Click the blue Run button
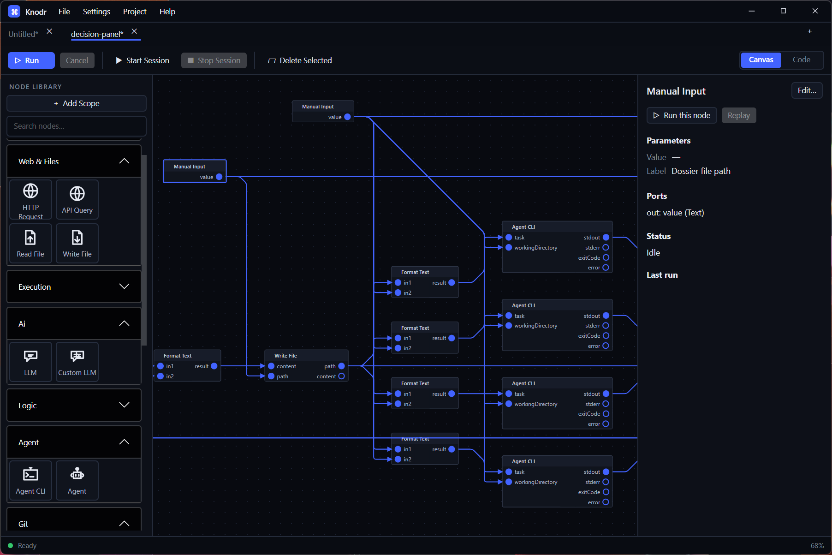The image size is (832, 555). click(x=31, y=60)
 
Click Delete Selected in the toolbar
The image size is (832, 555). click(x=300, y=60)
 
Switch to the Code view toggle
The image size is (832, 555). click(x=802, y=60)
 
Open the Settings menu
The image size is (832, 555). click(x=96, y=12)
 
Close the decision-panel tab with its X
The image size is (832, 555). click(x=134, y=31)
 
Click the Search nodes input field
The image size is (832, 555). click(x=77, y=126)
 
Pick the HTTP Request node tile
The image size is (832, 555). click(x=31, y=200)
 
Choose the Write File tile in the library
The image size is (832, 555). click(x=77, y=244)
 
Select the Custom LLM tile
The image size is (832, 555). click(x=77, y=362)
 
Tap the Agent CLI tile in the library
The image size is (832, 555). click(x=31, y=480)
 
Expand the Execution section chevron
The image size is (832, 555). click(x=124, y=286)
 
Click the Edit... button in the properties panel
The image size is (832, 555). click(x=807, y=91)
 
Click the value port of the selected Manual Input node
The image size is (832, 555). click(x=219, y=177)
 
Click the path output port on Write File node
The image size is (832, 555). click(x=342, y=366)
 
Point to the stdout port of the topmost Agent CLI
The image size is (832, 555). click(x=606, y=238)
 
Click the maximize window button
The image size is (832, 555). click(x=783, y=11)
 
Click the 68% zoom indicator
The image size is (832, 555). click(x=817, y=546)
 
